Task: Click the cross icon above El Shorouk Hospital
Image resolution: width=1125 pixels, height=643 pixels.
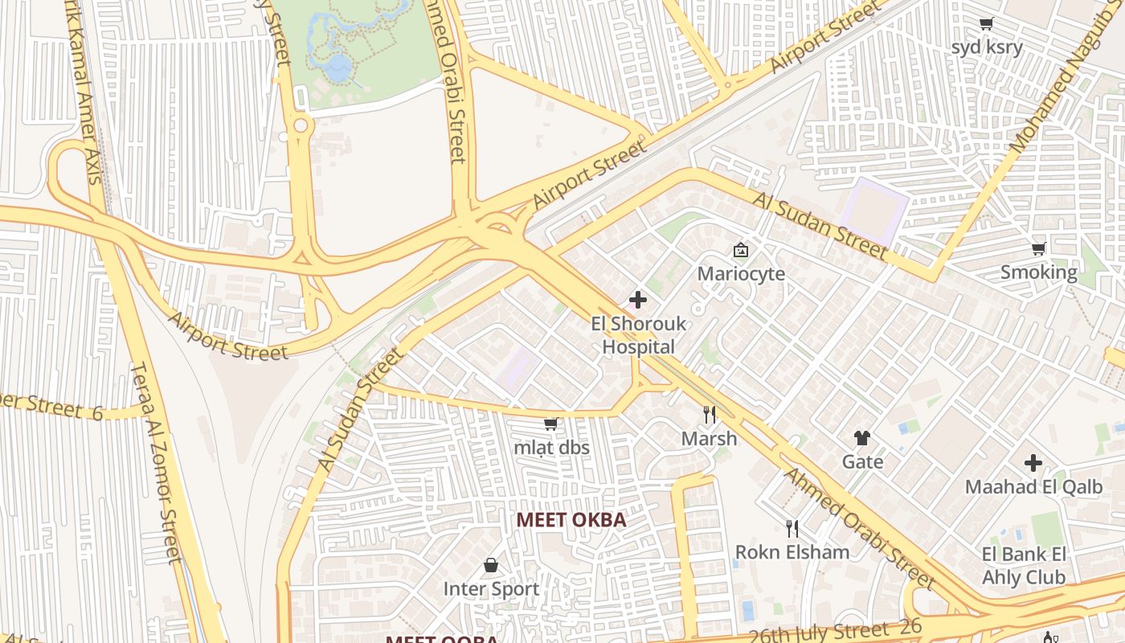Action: tap(638, 300)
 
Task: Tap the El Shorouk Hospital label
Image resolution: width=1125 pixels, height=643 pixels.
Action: tap(638, 335)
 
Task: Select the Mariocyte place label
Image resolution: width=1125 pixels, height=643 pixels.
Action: tap(741, 273)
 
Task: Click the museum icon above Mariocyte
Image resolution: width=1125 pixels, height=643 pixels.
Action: tap(741, 250)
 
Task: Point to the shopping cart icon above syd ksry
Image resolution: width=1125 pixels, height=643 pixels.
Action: tap(986, 23)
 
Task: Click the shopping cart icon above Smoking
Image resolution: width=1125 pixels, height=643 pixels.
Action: tap(1038, 248)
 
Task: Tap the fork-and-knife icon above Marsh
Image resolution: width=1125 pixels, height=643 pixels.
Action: tap(709, 415)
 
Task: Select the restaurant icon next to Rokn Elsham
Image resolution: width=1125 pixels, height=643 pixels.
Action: tap(792, 528)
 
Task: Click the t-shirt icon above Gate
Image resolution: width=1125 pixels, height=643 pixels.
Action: tap(862, 438)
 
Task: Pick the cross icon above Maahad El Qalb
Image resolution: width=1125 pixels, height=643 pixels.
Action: tap(1033, 463)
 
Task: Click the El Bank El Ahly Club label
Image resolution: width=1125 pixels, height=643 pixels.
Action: tap(1024, 565)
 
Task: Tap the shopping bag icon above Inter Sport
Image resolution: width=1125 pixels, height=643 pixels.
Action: tap(491, 565)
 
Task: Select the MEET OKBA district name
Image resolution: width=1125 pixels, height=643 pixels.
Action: tap(571, 520)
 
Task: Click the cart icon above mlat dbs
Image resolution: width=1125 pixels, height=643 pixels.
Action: tap(551, 424)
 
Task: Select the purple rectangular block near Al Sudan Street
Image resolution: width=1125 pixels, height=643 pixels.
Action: tap(874, 210)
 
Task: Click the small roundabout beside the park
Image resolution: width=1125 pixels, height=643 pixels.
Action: tap(302, 125)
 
